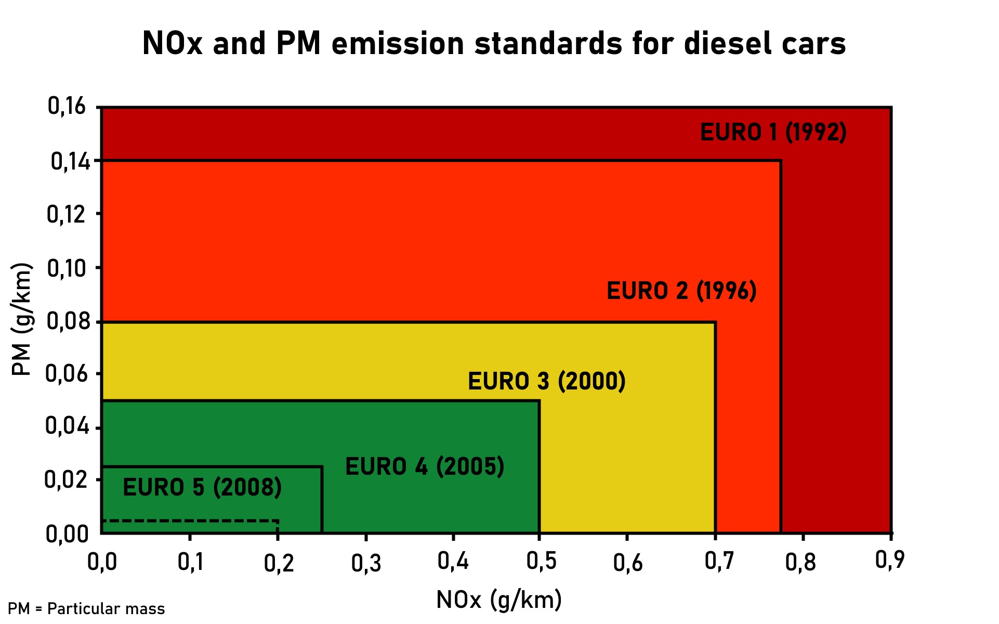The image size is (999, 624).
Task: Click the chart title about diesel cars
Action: click(494, 43)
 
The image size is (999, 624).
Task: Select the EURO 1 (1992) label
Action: click(773, 132)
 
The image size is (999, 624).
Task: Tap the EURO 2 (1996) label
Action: click(681, 291)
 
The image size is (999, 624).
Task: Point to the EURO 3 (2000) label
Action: click(546, 381)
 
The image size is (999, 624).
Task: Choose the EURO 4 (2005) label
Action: click(425, 466)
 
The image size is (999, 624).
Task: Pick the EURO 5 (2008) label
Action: click(202, 487)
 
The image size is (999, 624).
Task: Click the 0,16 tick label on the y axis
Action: click(67, 106)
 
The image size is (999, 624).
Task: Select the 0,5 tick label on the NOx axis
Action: click(541, 561)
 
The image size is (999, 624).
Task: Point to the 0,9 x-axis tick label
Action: click(890, 560)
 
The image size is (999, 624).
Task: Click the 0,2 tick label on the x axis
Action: click(279, 563)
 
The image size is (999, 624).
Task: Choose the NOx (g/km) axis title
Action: click(499, 600)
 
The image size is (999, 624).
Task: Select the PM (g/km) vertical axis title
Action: click(22, 319)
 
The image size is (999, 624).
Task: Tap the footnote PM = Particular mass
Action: click(86, 608)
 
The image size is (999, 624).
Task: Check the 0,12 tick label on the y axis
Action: click(66, 214)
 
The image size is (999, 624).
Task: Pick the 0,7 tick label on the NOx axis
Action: click(719, 561)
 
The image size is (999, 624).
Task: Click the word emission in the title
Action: click(398, 43)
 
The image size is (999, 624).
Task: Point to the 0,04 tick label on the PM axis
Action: click(66, 426)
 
